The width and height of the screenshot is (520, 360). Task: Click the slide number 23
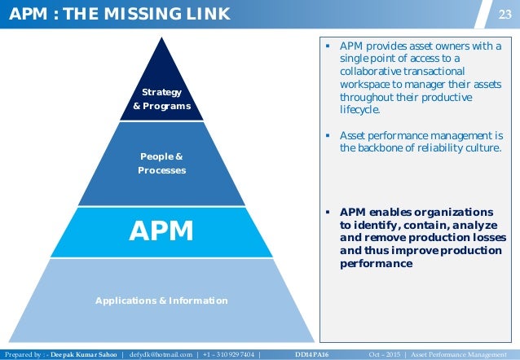pos(505,13)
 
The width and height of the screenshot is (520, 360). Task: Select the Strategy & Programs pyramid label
pos(161,99)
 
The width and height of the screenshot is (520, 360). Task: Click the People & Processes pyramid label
pos(161,163)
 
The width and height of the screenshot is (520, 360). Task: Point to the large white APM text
pos(161,231)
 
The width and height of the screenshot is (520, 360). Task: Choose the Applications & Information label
pos(161,301)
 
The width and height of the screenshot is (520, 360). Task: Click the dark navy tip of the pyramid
pos(161,61)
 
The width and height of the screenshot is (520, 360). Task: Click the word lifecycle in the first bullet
pos(359,110)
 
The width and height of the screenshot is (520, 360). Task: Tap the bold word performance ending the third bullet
pos(376,264)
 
